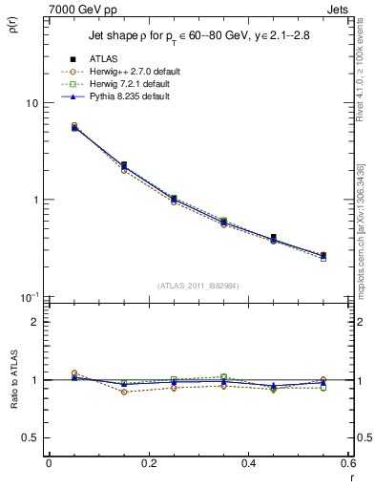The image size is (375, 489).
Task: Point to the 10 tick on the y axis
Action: pyautogui.click(x=31, y=103)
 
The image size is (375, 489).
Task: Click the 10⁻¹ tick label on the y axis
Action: pyautogui.click(x=28, y=297)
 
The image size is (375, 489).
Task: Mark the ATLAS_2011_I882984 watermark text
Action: pyautogui.click(x=199, y=286)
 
